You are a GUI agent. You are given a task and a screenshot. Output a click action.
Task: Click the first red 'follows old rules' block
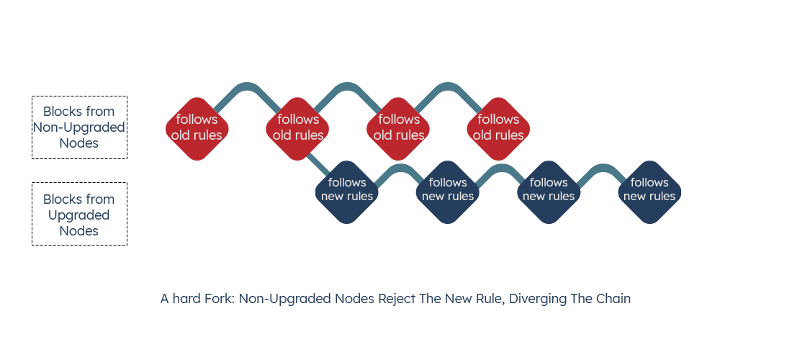(x=197, y=128)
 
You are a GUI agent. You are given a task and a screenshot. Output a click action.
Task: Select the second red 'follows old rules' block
(x=297, y=128)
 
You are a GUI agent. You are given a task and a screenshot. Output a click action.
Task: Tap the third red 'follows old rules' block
(x=398, y=128)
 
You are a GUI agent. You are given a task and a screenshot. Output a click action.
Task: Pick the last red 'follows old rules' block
(x=498, y=128)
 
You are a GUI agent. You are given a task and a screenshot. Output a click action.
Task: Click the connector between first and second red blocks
(x=247, y=87)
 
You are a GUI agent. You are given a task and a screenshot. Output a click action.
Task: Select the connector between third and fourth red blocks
(x=448, y=87)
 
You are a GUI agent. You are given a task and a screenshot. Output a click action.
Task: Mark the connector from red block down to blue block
(x=313, y=161)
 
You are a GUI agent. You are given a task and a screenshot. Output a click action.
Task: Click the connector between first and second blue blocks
(x=397, y=169)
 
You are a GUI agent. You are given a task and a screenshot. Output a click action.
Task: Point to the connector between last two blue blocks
(x=599, y=169)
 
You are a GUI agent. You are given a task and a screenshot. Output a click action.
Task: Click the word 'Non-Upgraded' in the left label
(x=78, y=127)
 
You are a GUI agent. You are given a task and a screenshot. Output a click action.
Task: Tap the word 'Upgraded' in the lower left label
(x=78, y=215)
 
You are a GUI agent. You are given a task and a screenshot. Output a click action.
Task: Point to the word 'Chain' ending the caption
(x=613, y=299)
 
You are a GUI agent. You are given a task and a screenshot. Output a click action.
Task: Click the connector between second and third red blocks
(x=348, y=87)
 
